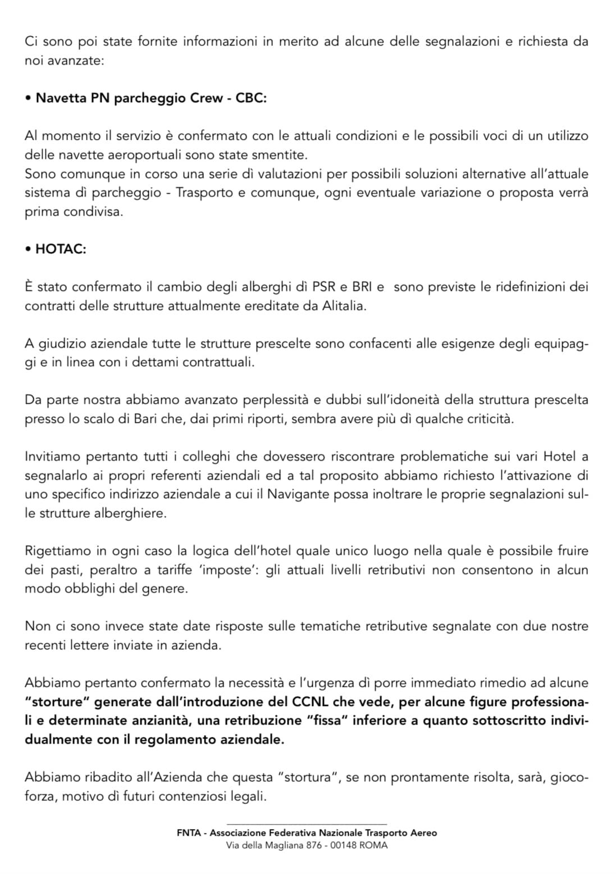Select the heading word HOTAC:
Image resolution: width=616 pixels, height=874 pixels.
(61, 249)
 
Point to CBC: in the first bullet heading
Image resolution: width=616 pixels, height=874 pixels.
(251, 98)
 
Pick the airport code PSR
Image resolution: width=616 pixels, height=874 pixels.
(323, 287)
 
